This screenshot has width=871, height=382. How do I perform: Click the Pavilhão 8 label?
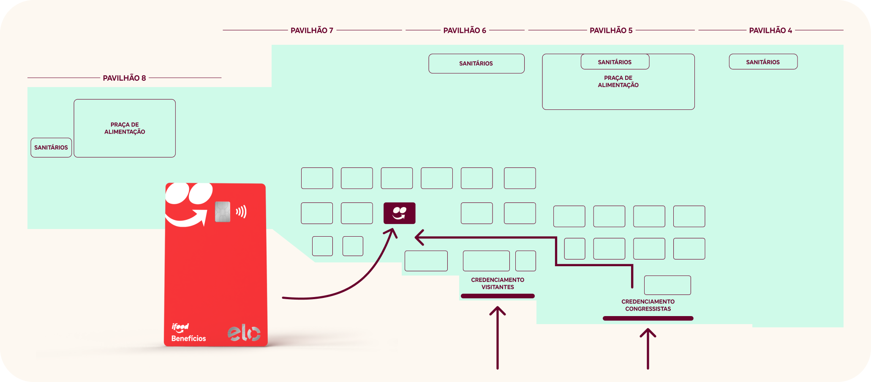tap(124, 78)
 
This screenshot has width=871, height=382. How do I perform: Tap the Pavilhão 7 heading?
tap(312, 30)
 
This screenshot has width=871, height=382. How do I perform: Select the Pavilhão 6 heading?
tap(465, 30)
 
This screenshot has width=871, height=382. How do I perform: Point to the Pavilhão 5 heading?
tap(611, 30)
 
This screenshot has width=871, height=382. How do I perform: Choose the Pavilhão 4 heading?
tap(770, 30)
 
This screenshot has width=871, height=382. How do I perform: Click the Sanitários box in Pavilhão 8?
tap(51, 147)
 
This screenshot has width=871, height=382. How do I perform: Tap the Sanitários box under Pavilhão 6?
tap(476, 63)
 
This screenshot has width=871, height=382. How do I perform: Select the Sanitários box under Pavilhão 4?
tap(763, 62)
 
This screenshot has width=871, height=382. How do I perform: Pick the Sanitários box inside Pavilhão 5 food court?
tap(615, 62)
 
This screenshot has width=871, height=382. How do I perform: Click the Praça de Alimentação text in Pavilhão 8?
tap(125, 128)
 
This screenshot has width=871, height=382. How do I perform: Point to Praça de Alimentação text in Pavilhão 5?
tap(618, 81)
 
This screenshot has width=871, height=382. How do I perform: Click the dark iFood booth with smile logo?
tap(400, 213)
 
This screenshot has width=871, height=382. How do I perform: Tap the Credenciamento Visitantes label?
tap(498, 283)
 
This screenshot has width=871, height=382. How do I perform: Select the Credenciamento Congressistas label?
tap(648, 305)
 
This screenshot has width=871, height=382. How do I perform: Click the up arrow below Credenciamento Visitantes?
tap(498, 338)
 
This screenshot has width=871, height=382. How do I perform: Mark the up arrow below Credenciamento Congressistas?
tap(648, 349)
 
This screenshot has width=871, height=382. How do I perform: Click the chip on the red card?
tap(223, 212)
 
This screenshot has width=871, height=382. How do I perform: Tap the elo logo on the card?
tap(244, 333)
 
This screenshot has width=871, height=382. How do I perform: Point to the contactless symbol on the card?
tap(241, 212)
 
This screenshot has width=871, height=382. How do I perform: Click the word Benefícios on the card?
tap(188, 338)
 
